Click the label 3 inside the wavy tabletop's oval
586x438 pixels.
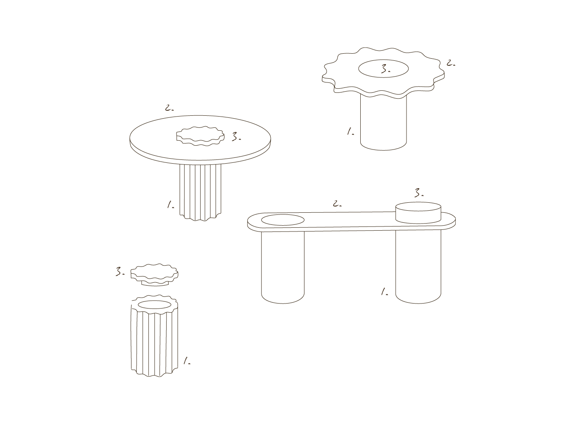(386, 69)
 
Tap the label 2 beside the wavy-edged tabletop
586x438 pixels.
(451, 63)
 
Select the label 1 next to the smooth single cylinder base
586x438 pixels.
(351, 132)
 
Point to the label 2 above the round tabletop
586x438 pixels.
(169, 108)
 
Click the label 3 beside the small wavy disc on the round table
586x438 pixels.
(236, 137)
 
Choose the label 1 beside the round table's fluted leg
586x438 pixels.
(171, 205)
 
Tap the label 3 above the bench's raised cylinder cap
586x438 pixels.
(419, 193)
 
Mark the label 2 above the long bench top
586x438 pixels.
(337, 204)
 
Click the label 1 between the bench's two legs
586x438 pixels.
(384, 291)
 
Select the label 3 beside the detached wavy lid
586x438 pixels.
(120, 271)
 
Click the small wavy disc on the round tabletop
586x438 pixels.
(200, 136)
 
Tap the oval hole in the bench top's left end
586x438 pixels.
(283, 220)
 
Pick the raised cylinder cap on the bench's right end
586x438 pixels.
(418, 213)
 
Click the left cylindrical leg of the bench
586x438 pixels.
(283, 267)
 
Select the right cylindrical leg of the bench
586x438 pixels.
(418, 266)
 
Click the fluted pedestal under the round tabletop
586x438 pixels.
(200, 192)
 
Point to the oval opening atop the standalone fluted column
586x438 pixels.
(154, 305)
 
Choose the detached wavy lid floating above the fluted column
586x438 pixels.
(154, 274)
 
